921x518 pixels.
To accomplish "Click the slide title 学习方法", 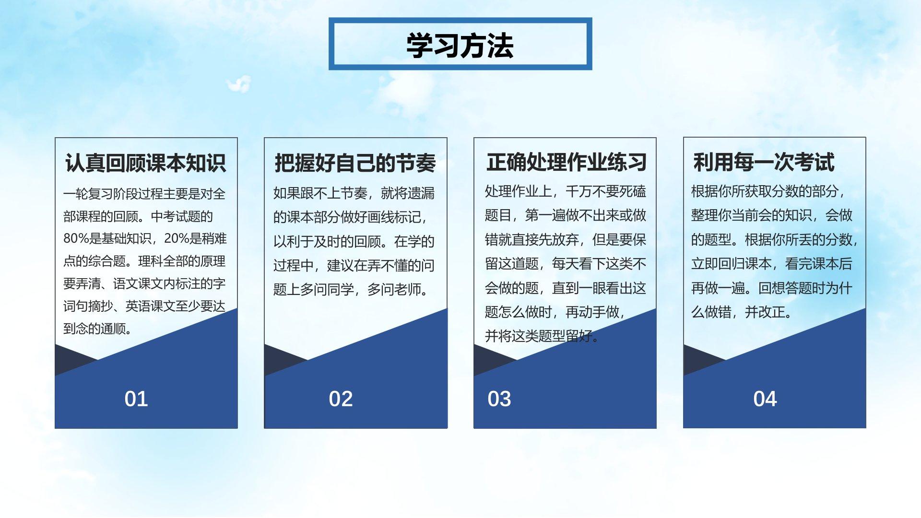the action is point(460,46).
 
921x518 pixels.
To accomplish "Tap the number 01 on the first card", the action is point(136,399).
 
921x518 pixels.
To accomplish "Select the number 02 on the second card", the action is point(341,399).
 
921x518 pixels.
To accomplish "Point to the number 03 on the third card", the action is point(499,399).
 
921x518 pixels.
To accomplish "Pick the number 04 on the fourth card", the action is point(765,399).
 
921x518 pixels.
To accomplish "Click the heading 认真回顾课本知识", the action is point(146,163).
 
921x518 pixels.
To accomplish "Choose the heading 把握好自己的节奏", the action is point(355,163).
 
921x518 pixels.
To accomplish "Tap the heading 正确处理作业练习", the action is point(567,162).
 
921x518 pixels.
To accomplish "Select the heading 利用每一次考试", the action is point(764,162).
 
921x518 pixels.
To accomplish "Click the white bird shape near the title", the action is point(238,84).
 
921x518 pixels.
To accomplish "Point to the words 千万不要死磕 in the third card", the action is point(606,192).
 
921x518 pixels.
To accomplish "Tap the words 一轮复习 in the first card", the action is point(88,194).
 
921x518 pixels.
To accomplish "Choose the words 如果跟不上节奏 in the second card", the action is point(320,193).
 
